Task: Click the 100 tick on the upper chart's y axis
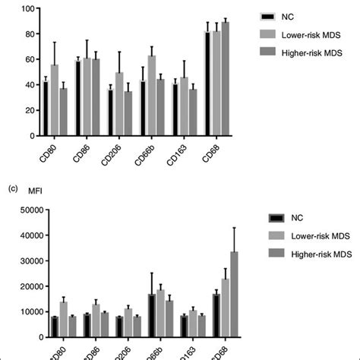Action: pos(27,9)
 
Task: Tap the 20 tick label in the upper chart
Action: pos(29,111)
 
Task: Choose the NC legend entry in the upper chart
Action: pos(286,15)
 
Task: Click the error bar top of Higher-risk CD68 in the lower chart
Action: pos(234,227)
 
